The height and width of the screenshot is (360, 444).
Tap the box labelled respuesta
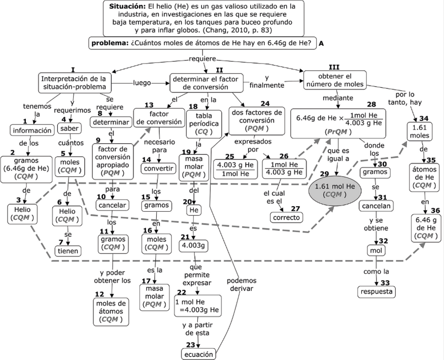pyautogui.click(x=377, y=291)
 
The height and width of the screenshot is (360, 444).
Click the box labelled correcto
pyautogui.click(x=287, y=217)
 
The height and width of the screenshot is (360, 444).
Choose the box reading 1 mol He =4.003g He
pyautogui.click(x=197, y=306)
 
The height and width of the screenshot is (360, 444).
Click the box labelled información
pyautogui.click(x=31, y=130)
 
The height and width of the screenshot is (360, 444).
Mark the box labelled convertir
pyautogui.click(x=155, y=168)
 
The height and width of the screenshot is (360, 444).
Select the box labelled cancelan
pyautogui.click(x=375, y=206)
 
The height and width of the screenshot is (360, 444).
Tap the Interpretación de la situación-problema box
pyautogui.click(x=74, y=82)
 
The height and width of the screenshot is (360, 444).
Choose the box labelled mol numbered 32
pyautogui.click(x=375, y=250)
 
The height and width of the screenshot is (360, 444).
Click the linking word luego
pyautogui.click(x=142, y=82)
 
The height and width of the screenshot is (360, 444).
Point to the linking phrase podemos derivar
pyautogui.click(x=242, y=284)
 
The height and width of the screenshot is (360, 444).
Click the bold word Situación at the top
pyautogui.click(x=126, y=7)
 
